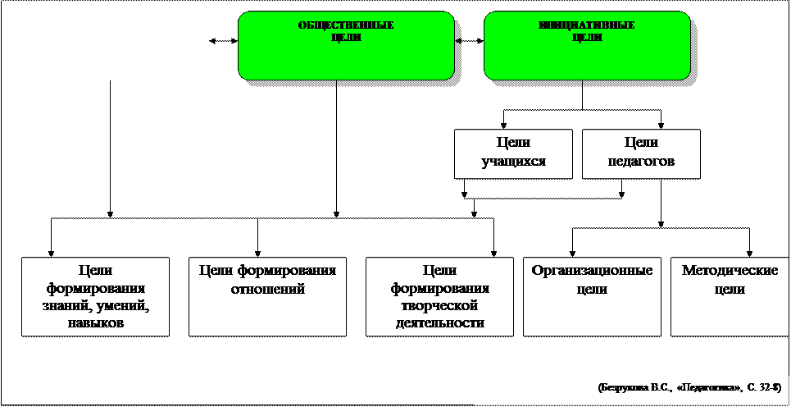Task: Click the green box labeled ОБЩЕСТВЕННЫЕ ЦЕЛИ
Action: pyautogui.click(x=345, y=46)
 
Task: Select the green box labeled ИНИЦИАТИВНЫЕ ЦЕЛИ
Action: pyautogui.click(x=586, y=46)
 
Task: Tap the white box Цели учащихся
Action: pyautogui.click(x=513, y=153)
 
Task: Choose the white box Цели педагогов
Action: pyautogui.click(x=641, y=153)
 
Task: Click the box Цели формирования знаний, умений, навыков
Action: pyautogui.click(x=96, y=297)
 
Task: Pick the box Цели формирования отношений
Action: pyautogui.click(x=267, y=297)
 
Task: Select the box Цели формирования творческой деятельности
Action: pyautogui.click(x=439, y=297)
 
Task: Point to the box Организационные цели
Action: pyautogui.click(x=592, y=297)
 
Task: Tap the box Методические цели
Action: pyautogui.click(x=730, y=297)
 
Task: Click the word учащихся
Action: pyautogui.click(x=513, y=162)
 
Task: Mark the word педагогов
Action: pyautogui.click(x=641, y=162)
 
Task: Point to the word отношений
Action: pyautogui.click(x=267, y=289)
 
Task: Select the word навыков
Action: pyautogui.click(x=96, y=323)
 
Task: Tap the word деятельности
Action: pyautogui.click(x=439, y=323)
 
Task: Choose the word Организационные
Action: pyautogui.click(x=592, y=271)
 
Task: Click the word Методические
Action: pyautogui.click(x=730, y=271)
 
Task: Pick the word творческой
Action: pyautogui.click(x=439, y=306)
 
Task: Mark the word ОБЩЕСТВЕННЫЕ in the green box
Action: pyautogui.click(x=345, y=25)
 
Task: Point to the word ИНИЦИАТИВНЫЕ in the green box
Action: pyautogui.click(x=586, y=25)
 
